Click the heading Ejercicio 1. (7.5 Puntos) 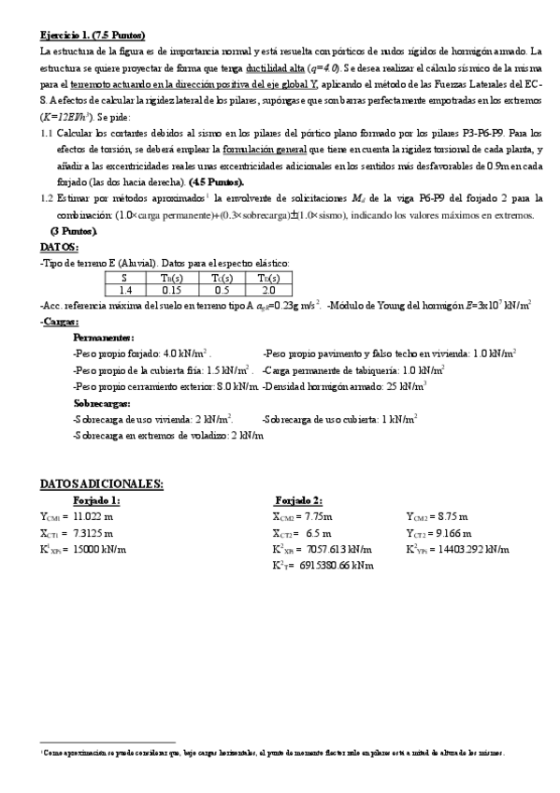point(92,34)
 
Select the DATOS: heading point(59,247)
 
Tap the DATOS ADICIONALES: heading point(102,483)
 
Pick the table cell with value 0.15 point(171,290)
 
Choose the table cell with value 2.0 point(268,290)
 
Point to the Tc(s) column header point(220,277)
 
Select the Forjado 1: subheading point(96,500)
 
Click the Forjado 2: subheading point(298,500)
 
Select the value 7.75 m point(314,516)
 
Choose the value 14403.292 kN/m point(475,549)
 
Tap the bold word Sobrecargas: point(103,403)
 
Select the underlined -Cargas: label point(60,322)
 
